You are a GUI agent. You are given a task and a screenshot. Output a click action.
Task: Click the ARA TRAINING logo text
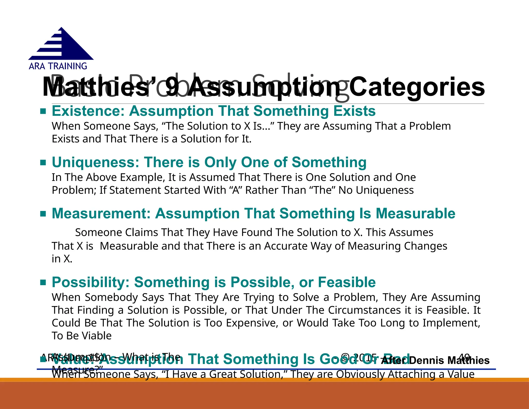[x=58, y=66]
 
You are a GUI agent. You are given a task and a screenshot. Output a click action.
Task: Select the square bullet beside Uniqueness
[x=43, y=163]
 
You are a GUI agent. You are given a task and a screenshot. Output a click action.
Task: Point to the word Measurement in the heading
[x=101, y=214]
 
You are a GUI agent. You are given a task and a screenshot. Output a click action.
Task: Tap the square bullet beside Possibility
[x=43, y=282]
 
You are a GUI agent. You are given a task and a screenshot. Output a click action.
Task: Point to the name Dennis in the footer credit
[x=426, y=360]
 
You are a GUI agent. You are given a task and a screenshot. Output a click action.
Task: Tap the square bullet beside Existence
[x=43, y=111]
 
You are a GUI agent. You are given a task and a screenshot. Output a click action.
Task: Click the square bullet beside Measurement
[x=43, y=214]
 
